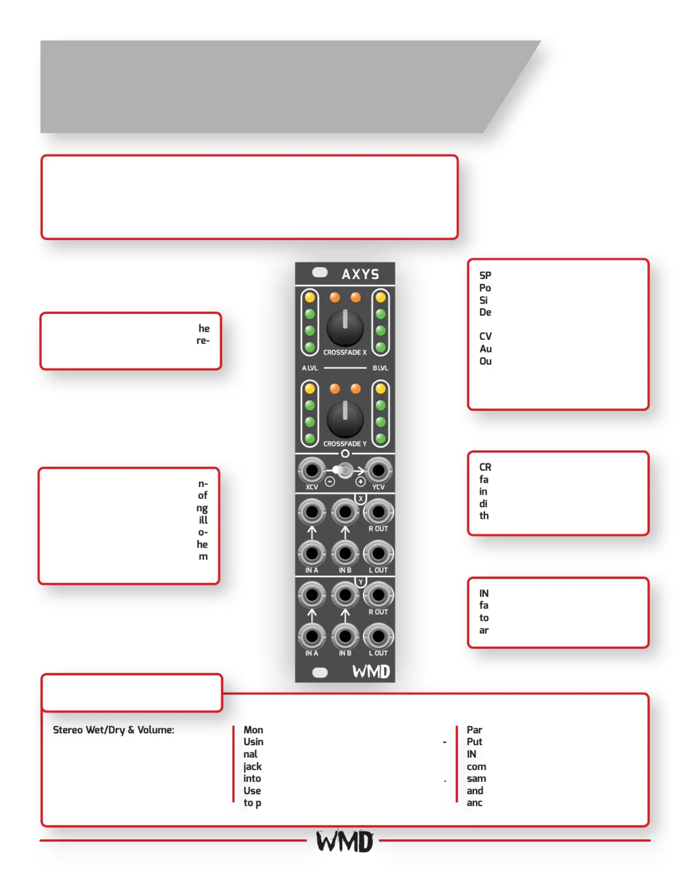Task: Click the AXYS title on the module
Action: (x=360, y=274)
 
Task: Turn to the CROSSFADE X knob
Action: (x=345, y=328)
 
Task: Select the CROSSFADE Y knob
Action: (x=345, y=419)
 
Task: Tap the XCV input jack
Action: (x=312, y=470)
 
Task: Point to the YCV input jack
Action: (x=378, y=470)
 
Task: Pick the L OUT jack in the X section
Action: (x=378, y=553)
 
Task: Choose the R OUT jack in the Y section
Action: (x=378, y=594)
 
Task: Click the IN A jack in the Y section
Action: (x=312, y=636)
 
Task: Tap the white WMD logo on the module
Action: (x=371, y=671)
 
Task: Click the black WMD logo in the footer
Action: (x=345, y=841)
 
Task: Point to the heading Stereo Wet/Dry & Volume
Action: (x=113, y=730)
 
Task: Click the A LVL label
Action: (x=309, y=368)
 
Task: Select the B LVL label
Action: (x=380, y=368)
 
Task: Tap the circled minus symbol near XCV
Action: (x=330, y=482)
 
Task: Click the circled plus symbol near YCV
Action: (x=360, y=482)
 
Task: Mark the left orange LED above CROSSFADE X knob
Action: (x=334, y=297)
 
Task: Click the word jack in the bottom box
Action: (x=252, y=767)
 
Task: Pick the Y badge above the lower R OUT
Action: (x=360, y=582)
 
